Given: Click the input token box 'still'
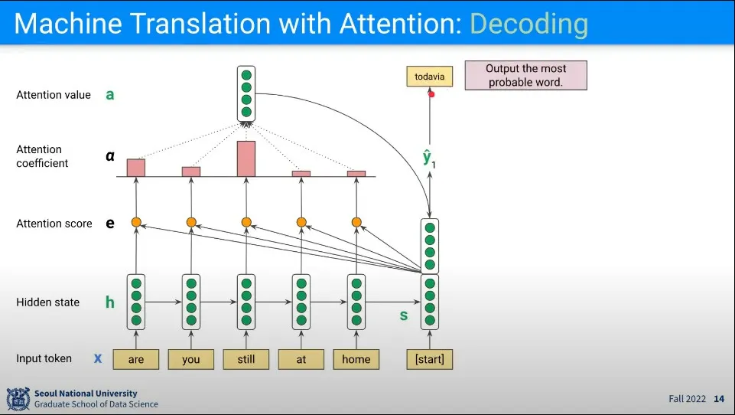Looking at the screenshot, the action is (x=246, y=359).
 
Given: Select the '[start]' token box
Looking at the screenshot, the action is (x=429, y=359).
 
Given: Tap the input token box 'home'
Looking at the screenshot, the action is (x=356, y=359).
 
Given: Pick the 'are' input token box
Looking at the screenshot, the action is (x=136, y=359).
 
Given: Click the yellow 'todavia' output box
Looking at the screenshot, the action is (x=429, y=77).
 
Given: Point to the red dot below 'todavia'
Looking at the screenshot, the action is (x=431, y=94).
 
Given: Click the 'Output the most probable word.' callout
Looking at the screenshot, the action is (x=525, y=76).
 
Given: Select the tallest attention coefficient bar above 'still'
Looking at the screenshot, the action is (x=246, y=158).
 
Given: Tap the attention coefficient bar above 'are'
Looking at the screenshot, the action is (x=136, y=168).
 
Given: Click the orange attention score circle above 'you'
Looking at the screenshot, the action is (x=191, y=223).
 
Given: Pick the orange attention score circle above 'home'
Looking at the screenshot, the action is (x=356, y=223).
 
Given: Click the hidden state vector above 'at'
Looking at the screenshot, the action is (x=301, y=301).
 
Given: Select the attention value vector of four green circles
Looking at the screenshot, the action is (x=246, y=94).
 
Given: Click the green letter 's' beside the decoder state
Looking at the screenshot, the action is (x=404, y=315).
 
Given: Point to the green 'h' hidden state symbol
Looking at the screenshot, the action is (x=110, y=302).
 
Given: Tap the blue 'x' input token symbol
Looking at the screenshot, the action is (x=98, y=358).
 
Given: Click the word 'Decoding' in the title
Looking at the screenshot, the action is (x=528, y=24).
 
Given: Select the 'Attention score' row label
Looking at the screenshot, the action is (x=54, y=224).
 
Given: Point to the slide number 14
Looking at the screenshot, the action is (x=719, y=399).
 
